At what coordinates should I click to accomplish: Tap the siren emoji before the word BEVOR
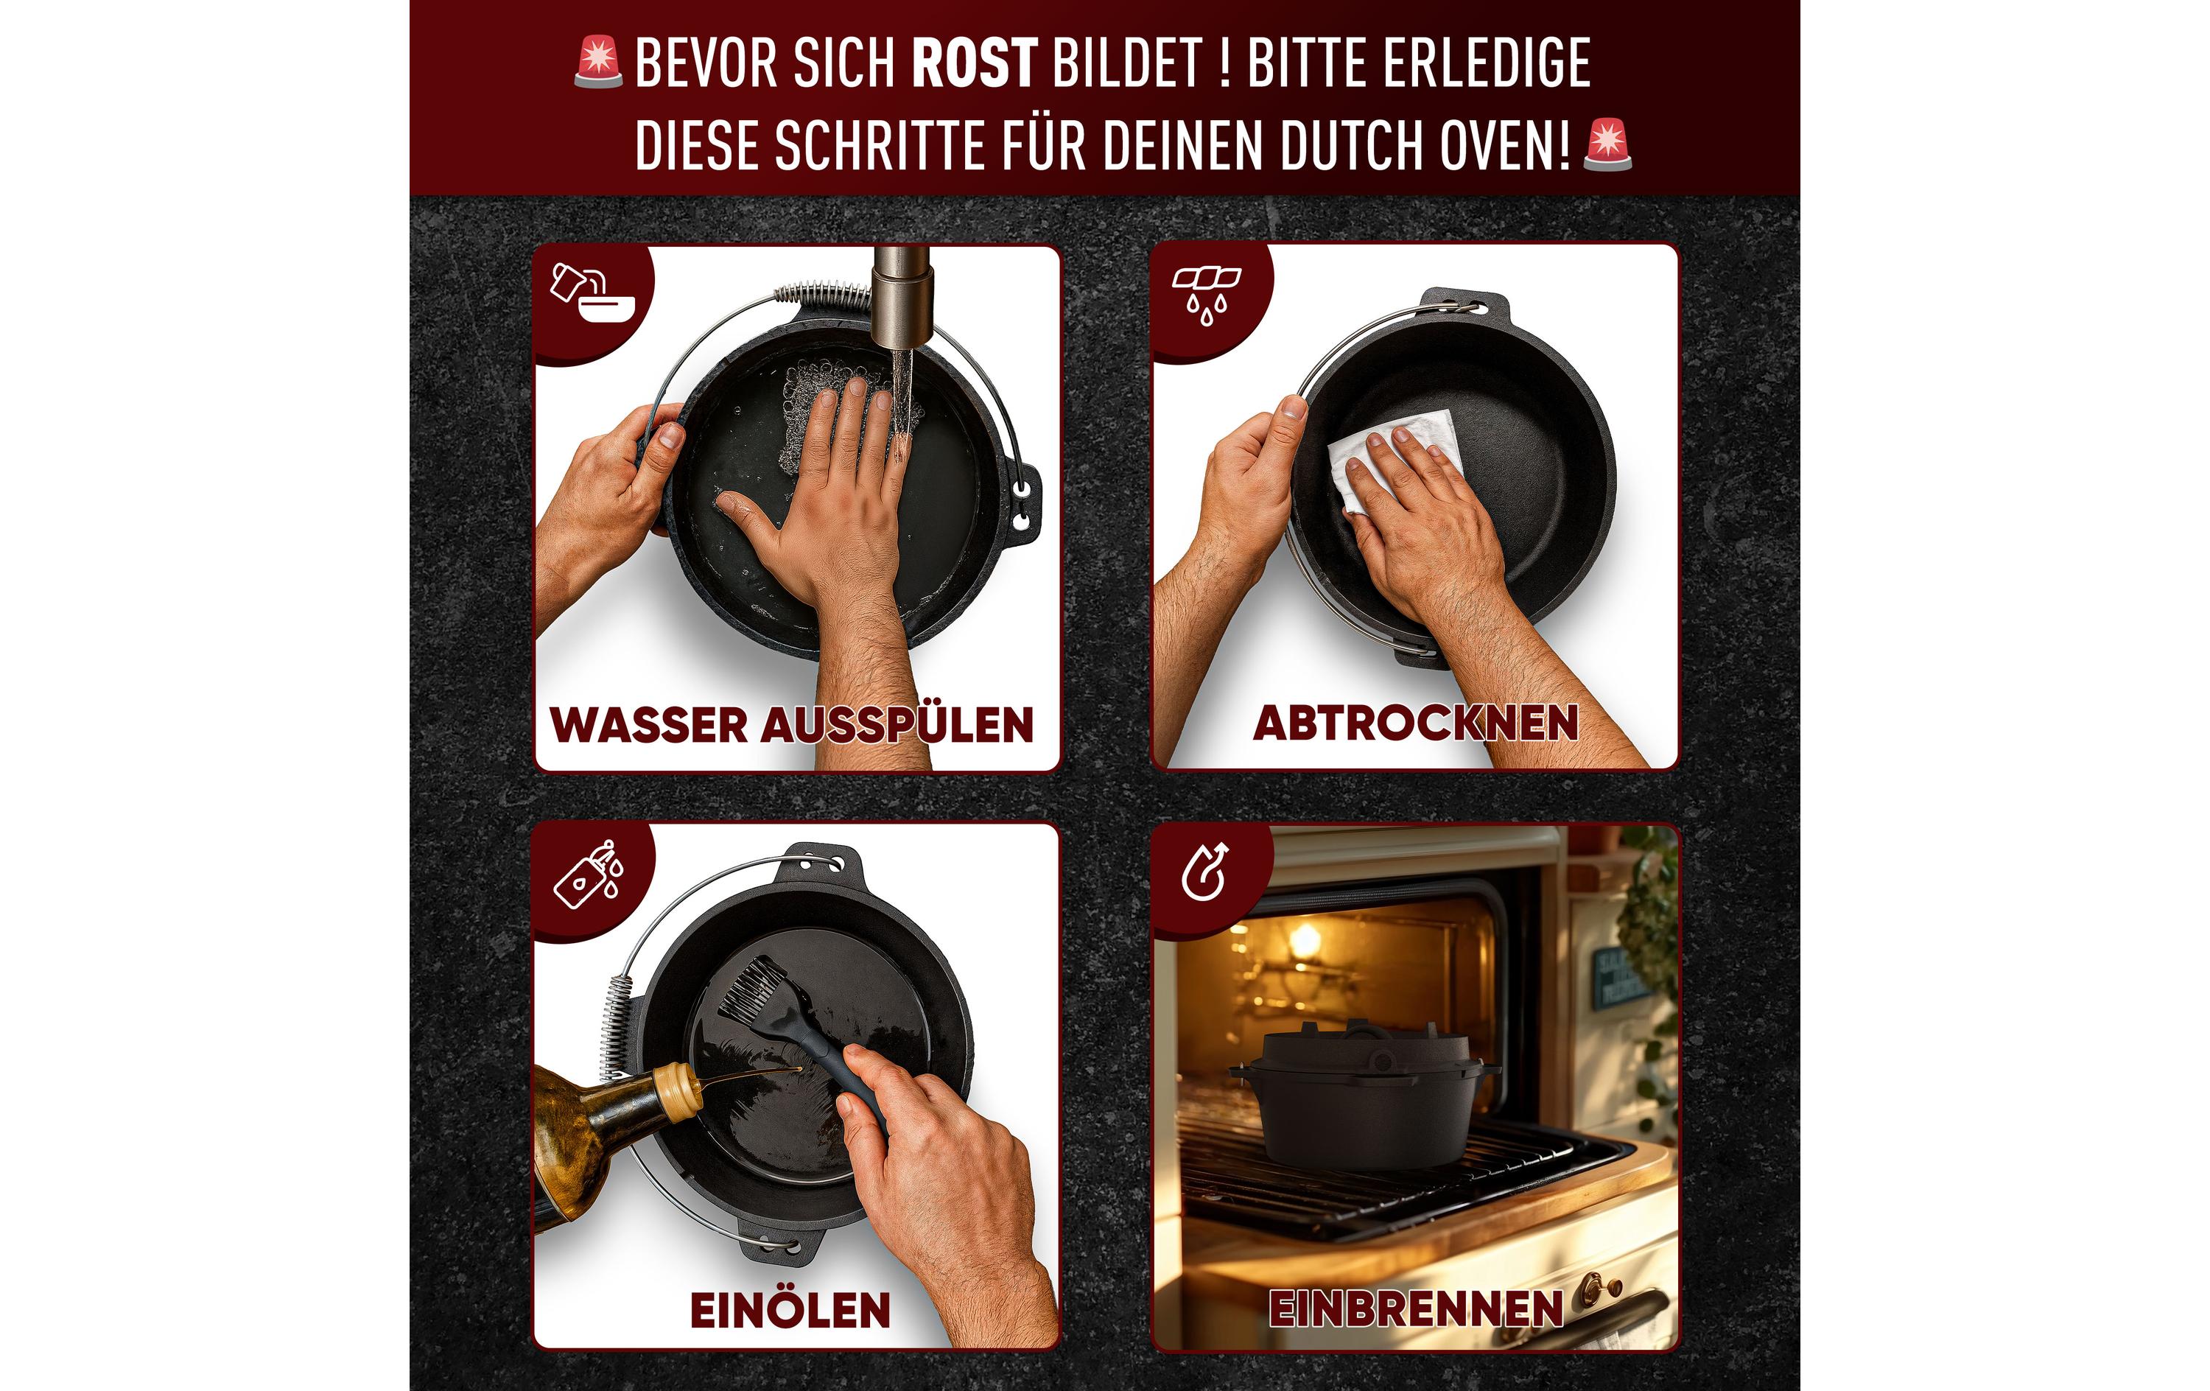point(598,63)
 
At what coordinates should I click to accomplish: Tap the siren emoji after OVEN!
point(1608,145)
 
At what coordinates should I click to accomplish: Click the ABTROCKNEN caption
point(1415,723)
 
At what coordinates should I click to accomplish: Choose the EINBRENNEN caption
point(1415,1308)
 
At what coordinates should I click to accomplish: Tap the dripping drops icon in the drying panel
point(1205,294)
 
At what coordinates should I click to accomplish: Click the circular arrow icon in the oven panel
point(1204,872)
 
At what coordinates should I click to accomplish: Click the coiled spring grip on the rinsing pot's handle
point(821,295)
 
